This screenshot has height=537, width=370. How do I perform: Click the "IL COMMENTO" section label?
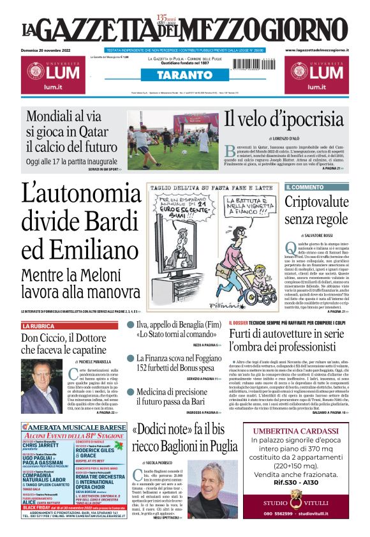tap(306, 187)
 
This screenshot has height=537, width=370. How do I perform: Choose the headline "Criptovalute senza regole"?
tap(315, 211)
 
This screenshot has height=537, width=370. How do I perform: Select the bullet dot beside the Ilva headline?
tap(131, 325)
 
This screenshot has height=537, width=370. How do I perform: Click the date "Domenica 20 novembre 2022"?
tap(48, 49)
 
